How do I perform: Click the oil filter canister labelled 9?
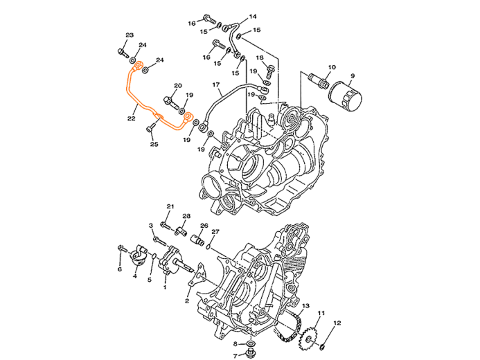pos(345,96)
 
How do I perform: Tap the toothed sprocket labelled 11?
pos(310,338)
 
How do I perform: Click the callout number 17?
pos(216,84)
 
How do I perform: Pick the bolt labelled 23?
pos(123,53)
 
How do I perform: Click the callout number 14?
pos(253,16)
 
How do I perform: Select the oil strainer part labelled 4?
pos(138,255)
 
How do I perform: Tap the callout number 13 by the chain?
pos(306,306)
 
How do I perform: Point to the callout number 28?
pos(186,216)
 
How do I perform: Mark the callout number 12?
pos(337,323)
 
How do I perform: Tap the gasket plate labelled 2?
pos(198,276)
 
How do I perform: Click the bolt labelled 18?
pos(269,71)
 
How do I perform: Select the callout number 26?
pos(204,226)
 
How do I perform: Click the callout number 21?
pos(170,207)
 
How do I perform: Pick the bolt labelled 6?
pos(122,248)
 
